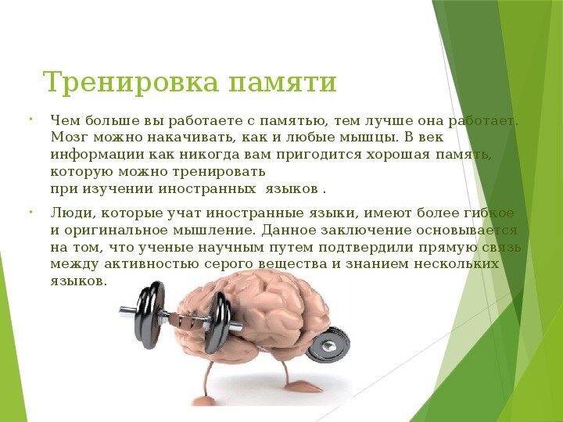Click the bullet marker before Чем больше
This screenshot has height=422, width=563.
(29, 120)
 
